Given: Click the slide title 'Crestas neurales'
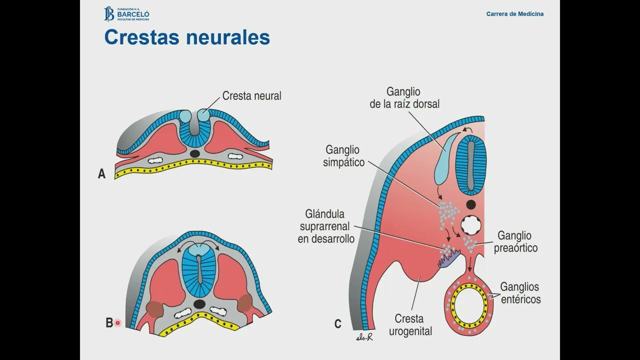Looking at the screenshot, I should tap(187, 37).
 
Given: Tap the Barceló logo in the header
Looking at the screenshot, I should tap(126, 14).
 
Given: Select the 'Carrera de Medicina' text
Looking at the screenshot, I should tap(514, 14).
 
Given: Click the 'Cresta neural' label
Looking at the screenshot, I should tap(251, 95).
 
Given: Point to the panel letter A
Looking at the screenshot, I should tap(102, 174).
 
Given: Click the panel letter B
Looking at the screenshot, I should tap(109, 323).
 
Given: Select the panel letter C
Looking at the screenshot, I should tap(338, 324).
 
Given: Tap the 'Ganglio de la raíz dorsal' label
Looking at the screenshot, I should tap(404, 98).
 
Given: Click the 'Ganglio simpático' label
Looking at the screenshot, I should tap(344, 156).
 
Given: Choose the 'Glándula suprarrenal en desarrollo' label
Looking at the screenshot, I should tap(326, 226).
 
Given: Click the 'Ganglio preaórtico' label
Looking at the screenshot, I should tap(515, 241).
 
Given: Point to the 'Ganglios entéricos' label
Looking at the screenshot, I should tap(520, 293).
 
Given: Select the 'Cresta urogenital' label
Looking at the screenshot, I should tap(413, 324).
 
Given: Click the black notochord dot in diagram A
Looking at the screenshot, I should tap(195, 153).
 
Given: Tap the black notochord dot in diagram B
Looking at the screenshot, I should tap(199, 304).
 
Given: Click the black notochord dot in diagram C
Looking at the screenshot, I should tap(470, 204).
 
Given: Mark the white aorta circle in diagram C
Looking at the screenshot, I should tap(470, 225).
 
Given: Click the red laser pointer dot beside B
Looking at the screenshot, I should tap(117, 323).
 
